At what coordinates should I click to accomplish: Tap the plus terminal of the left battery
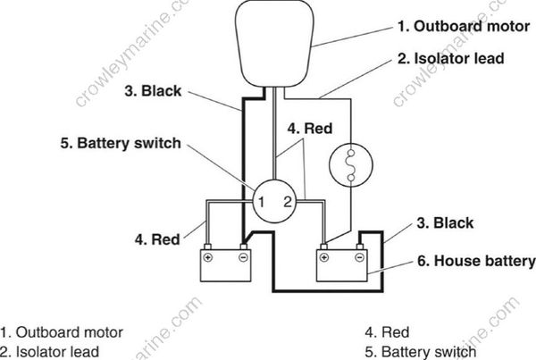(208, 257)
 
